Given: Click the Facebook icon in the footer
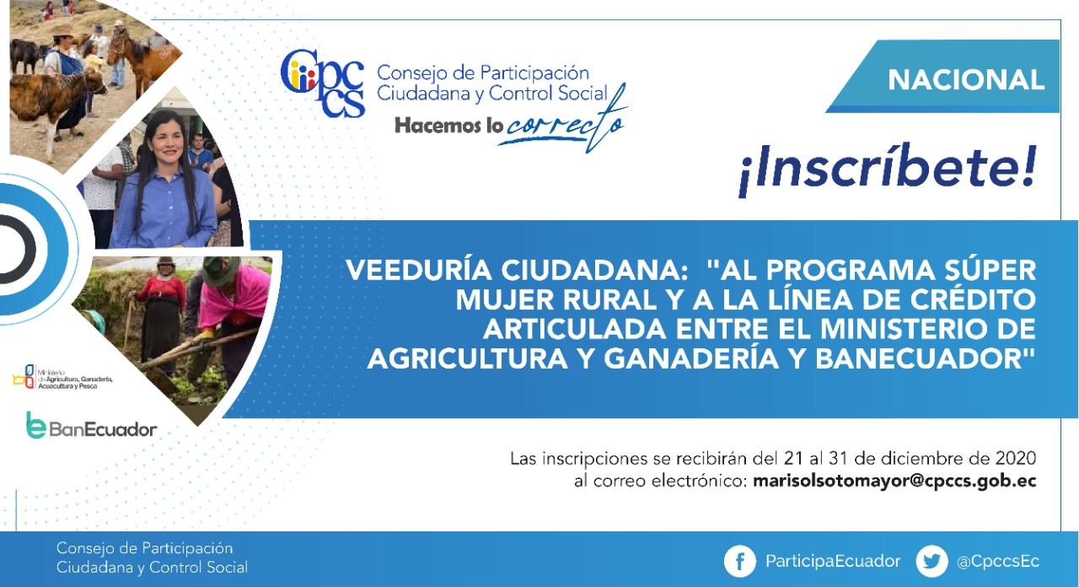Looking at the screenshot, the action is click(x=740, y=561).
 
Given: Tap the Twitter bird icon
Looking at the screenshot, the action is click(x=931, y=561).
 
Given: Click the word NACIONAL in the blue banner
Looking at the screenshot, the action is click(x=966, y=80).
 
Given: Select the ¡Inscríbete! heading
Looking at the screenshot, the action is click(x=888, y=170).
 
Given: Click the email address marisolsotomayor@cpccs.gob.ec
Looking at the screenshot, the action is click(x=894, y=482).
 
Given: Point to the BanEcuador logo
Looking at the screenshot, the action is click(x=92, y=426).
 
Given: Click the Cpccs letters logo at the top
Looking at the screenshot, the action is click(x=322, y=83).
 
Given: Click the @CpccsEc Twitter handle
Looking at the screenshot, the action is click(x=998, y=562).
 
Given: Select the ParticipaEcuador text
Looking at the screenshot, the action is click(x=833, y=562).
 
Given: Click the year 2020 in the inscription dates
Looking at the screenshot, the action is click(x=1016, y=458).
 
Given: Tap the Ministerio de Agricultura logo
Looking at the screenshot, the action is click(x=62, y=377).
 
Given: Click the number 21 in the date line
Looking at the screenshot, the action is click(x=794, y=458).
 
